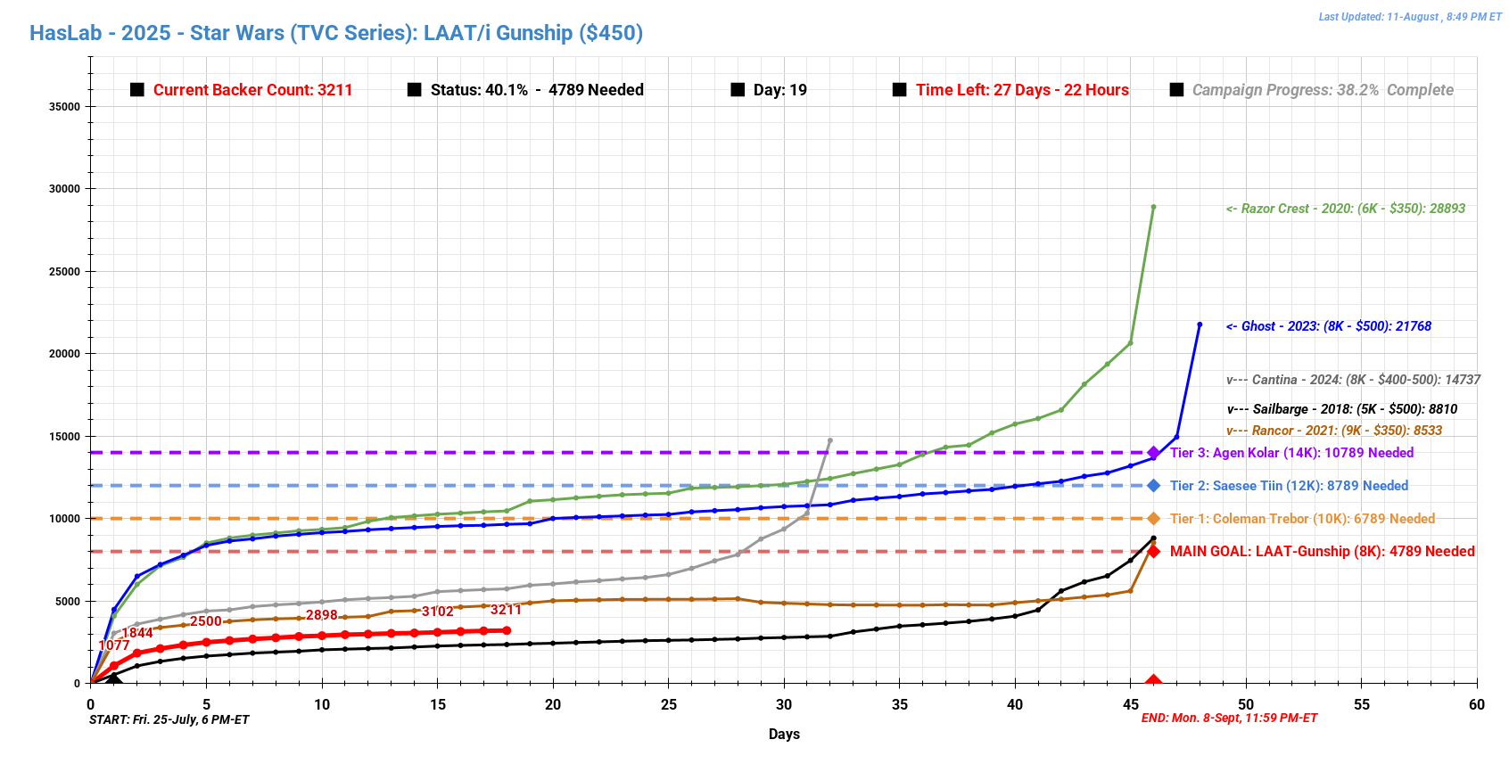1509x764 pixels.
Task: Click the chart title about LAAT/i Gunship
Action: (x=336, y=33)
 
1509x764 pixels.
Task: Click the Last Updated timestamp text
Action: (x=1409, y=17)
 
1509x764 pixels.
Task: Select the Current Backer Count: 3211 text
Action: (x=252, y=90)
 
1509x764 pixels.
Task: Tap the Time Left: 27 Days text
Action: (x=1022, y=90)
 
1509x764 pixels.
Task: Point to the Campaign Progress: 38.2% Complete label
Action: (x=1323, y=90)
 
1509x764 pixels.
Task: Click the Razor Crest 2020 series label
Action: (x=1346, y=209)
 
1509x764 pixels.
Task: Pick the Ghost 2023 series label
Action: (x=1329, y=326)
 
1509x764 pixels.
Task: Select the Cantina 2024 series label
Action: (x=1353, y=380)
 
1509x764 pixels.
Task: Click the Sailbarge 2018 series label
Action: (x=1342, y=409)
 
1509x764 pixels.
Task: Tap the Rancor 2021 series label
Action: (x=1334, y=431)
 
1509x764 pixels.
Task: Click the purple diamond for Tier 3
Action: (x=1153, y=453)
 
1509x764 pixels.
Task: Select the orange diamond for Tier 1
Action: (x=1153, y=519)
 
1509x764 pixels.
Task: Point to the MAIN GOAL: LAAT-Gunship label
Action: (x=1322, y=552)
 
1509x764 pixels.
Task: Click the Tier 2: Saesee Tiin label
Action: (x=1289, y=486)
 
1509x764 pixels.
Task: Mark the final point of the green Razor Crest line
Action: (x=1153, y=207)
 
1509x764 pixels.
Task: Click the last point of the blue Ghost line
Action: (x=1200, y=324)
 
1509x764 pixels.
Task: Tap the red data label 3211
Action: (x=506, y=610)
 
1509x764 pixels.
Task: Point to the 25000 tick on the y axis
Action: (x=64, y=272)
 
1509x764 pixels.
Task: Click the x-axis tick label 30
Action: (x=784, y=704)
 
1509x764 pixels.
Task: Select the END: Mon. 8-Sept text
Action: (x=1229, y=719)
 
